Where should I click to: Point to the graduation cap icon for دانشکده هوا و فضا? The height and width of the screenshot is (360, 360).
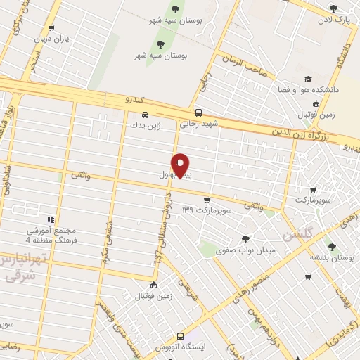(307, 79)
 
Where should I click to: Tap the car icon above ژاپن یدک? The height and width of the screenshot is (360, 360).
(144, 115)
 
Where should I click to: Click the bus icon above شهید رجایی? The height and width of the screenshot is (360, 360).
(198, 112)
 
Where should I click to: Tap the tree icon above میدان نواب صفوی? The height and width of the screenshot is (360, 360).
(245, 239)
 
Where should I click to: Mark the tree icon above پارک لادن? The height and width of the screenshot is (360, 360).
(334, 9)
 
